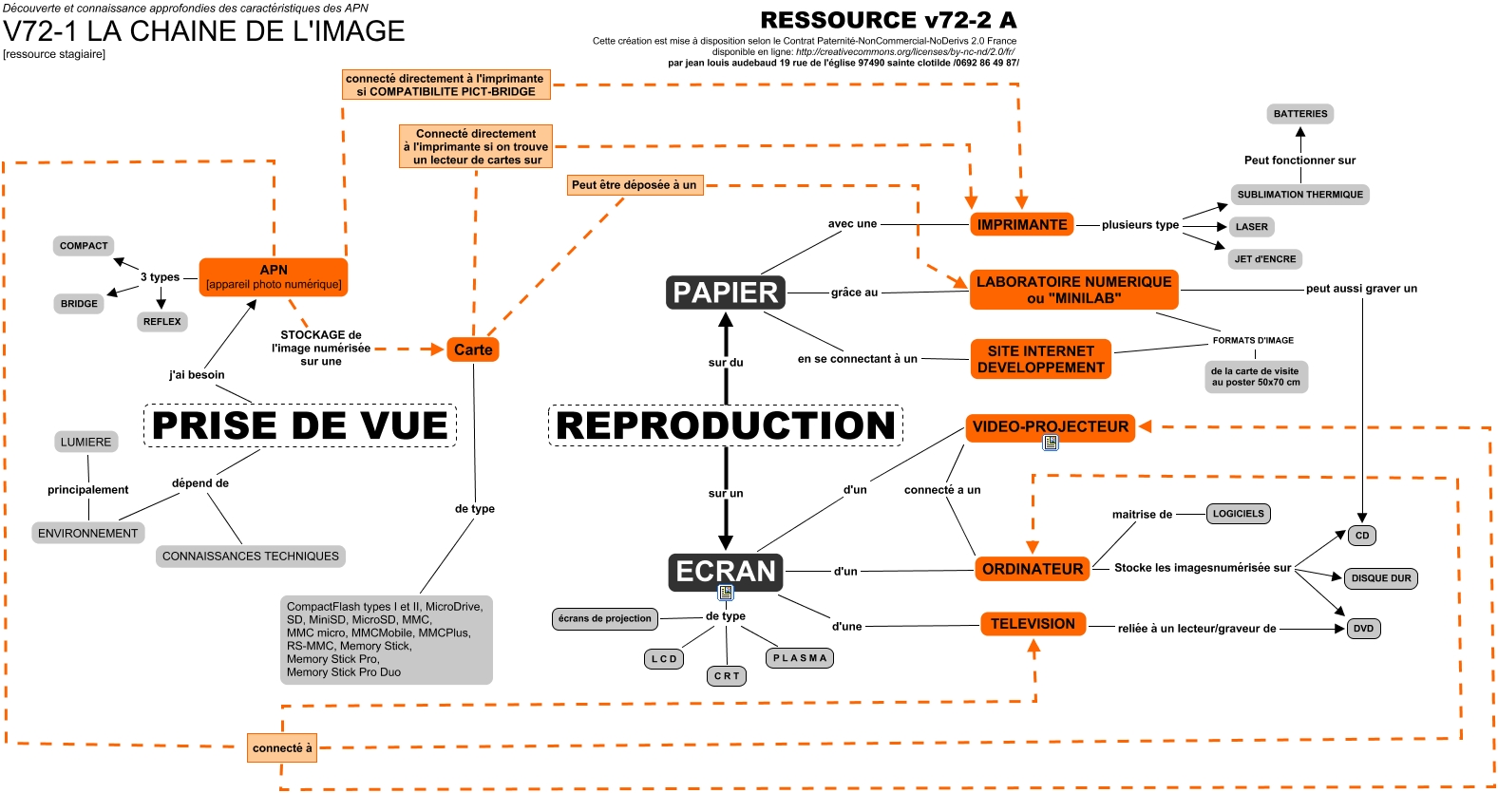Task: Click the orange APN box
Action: (x=274, y=276)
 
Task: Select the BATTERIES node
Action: (x=1300, y=114)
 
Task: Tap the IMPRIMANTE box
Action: (x=1022, y=225)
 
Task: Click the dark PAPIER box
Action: (x=726, y=293)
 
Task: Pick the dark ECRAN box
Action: (x=726, y=571)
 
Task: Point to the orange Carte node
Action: (x=473, y=349)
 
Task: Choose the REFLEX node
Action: (x=162, y=322)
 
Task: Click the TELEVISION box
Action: (x=1033, y=624)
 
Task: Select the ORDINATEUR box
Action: (x=1033, y=569)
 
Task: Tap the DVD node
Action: (x=1364, y=629)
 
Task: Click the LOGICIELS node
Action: (x=1239, y=514)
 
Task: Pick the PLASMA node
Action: (x=800, y=658)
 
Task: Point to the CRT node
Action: (x=727, y=676)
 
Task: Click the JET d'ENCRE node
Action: (x=1265, y=259)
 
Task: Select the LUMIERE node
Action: (x=86, y=443)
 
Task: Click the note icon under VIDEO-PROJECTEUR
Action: (x=1051, y=443)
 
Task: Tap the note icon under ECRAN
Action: (x=726, y=593)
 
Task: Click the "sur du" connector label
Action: (x=726, y=363)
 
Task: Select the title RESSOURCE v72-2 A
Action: (x=888, y=20)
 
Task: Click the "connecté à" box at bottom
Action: (x=282, y=748)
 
